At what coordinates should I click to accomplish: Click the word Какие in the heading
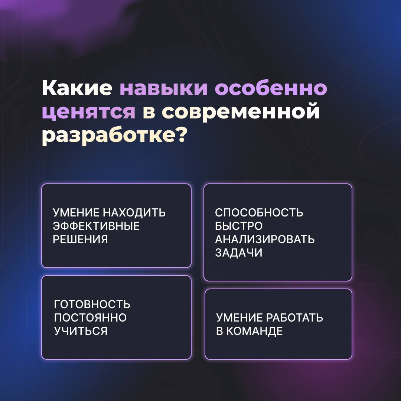tap(77, 88)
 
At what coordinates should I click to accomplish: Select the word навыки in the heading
tap(164, 88)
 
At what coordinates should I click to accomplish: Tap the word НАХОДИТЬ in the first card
tap(134, 213)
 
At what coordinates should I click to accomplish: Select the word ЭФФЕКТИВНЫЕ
tap(96, 226)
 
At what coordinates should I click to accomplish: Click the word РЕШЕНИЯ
tap(80, 239)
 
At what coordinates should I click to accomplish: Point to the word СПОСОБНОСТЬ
tap(259, 213)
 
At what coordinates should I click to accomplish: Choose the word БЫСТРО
tap(239, 226)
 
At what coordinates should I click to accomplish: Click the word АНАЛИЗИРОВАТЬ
tap(265, 239)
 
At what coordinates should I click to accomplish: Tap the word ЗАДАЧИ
tap(239, 253)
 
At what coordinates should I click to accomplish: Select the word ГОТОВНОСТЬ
tap(92, 304)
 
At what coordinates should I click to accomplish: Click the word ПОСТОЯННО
tap(90, 317)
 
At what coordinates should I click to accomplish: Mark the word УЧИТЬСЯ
tap(81, 331)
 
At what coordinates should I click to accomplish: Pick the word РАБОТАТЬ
tap(294, 317)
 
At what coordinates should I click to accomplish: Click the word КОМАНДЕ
tap(255, 331)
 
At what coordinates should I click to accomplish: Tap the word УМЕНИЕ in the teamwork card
tap(239, 317)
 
